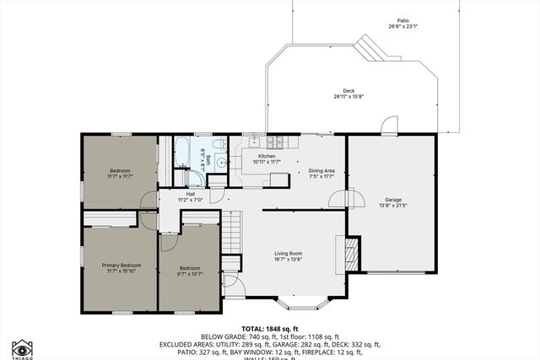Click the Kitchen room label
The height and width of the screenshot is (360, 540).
267,156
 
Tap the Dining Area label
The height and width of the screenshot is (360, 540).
321,171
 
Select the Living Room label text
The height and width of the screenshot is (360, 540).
288,254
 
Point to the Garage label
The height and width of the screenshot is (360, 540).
393,200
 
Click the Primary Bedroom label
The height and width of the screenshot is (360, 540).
121,265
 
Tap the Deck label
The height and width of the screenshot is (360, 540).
348,91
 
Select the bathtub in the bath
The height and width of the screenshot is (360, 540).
183,153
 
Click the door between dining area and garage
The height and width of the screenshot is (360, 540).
337,199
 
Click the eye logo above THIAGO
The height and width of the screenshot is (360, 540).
22,348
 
